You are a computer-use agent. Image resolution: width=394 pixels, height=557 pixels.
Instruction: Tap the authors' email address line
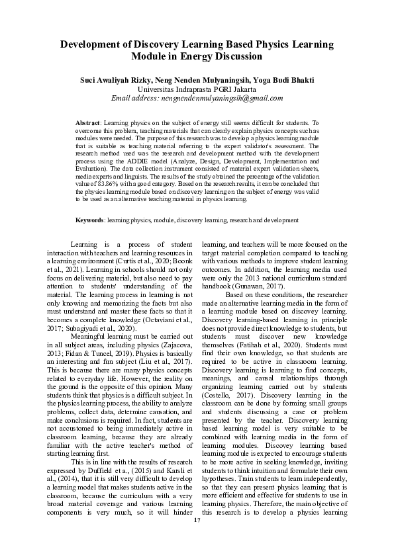pos(197,98)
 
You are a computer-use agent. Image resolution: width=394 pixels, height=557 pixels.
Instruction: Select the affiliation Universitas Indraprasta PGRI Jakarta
pos(197,89)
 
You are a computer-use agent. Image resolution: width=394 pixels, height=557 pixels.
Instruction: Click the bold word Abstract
pos(88,124)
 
